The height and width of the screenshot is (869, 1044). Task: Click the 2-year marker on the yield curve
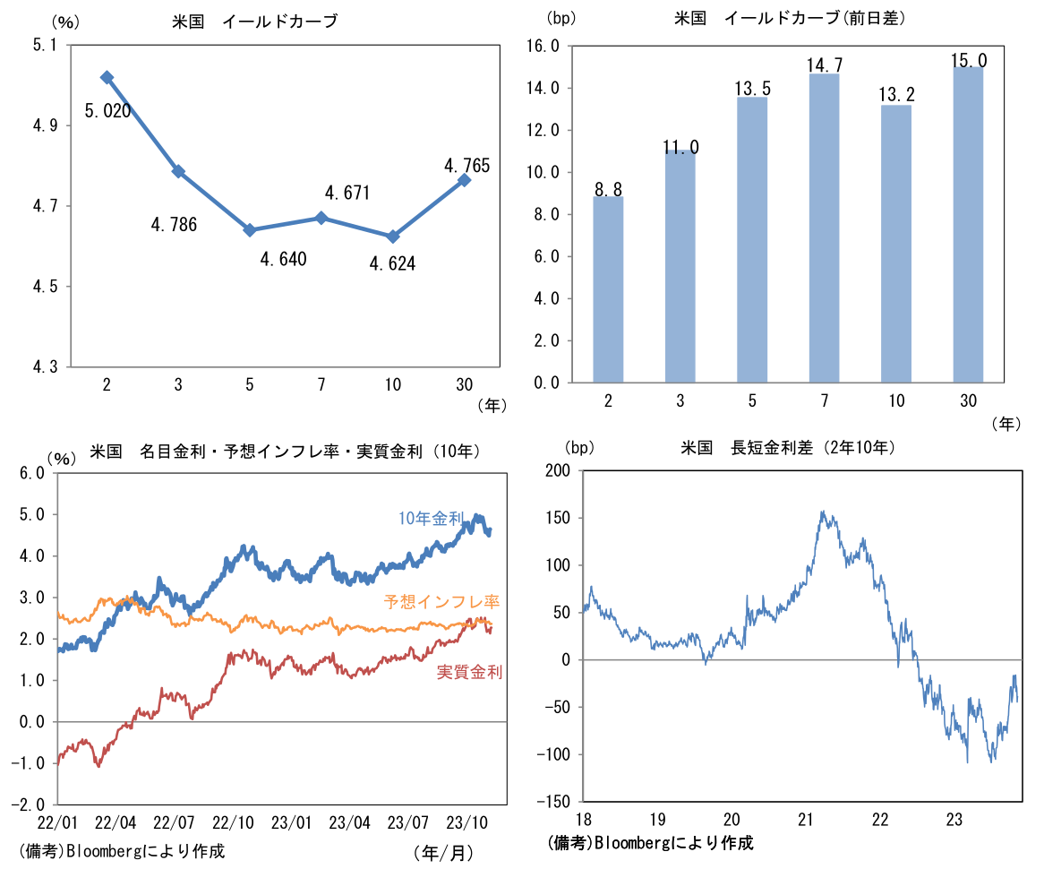[x=107, y=78]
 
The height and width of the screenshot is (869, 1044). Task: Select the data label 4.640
[x=283, y=260]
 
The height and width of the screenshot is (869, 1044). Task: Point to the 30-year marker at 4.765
[x=464, y=180]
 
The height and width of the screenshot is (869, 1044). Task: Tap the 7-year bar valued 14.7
[x=824, y=228]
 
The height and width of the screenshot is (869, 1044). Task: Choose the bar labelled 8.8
[x=608, y=289]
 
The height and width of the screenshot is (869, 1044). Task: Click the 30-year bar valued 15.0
[x=968, y=224]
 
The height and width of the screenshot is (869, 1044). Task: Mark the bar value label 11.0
[x=680, y=147]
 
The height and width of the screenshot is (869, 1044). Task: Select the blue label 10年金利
[x=431, y=518]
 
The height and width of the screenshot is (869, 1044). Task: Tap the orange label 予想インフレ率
[x=441, y=603]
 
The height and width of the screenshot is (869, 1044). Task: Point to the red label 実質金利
[x=469, y=672]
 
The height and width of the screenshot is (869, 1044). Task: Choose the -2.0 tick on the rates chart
[x=33, y=804]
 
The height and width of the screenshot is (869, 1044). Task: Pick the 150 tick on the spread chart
[x=558, y=518]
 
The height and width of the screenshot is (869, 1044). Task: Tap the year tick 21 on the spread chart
[x=806, y=818]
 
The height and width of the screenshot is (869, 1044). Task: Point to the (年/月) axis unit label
[x=443, y=852]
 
